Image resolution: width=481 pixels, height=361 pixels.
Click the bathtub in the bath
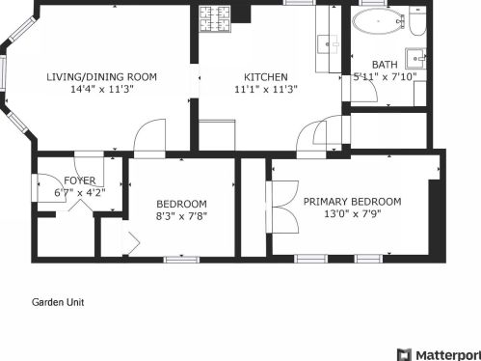coord(378,21)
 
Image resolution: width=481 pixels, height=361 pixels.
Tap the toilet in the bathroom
coord(417,21)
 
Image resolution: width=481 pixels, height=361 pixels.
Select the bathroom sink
coord(415,59)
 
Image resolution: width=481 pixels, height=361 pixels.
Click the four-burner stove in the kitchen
coord(215,18)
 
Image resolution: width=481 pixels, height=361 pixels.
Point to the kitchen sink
coord(328,44)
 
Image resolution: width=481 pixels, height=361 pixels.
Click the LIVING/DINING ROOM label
coord(102,77)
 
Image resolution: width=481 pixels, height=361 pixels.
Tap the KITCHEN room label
coord(266,77)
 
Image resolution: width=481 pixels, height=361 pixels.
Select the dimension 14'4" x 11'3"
coord(102,89)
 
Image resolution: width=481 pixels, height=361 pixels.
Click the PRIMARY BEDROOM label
coord(353,202)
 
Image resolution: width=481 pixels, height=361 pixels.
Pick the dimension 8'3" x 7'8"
coord(181,216)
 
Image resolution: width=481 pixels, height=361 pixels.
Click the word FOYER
coord(80,180)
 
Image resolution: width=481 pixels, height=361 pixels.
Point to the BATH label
coord(385,65)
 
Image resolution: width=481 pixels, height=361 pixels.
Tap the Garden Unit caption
coord(58,302)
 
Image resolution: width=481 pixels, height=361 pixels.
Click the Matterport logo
coord(439,355)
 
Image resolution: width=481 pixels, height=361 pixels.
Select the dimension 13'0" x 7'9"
coord(353,213)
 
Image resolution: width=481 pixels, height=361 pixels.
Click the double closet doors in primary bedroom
coord(282,207)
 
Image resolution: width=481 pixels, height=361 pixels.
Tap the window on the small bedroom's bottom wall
coord(181,260)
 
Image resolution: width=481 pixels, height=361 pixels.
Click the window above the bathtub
coord(373,3)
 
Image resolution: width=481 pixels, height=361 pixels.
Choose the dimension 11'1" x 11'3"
coord(266,89)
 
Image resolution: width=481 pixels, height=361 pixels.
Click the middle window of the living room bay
coord(3,73)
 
